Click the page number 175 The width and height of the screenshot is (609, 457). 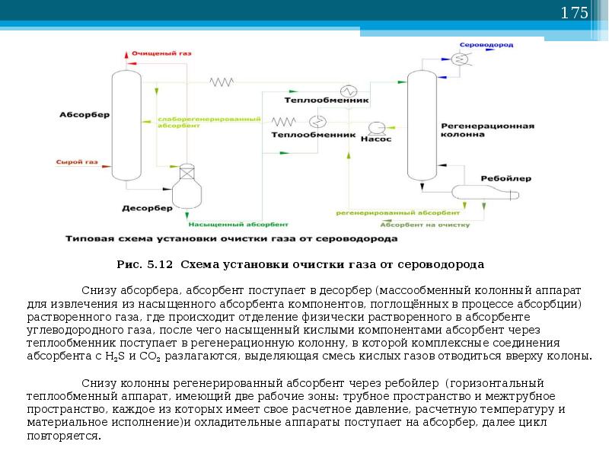click(575, 13)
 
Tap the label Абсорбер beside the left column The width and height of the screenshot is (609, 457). click(84, 115)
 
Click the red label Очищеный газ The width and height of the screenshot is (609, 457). click(161, 54)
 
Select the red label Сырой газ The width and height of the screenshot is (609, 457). click(77, 162)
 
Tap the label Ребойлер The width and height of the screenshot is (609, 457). click(500, 177)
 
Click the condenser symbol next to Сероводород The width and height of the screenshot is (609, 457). click(458, 58)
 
